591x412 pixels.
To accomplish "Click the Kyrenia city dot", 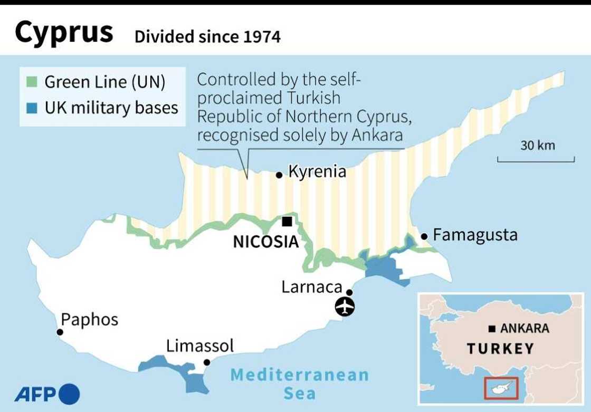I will (x=279, y=175).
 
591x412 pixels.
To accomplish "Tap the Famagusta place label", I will (x=475, y=235).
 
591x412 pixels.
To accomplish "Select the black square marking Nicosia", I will (x=287, y=222).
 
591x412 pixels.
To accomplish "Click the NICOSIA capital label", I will (x=266, y=242).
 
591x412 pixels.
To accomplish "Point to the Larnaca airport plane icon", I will (x=345, y=306).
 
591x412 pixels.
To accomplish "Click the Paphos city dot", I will (x=60, y=332).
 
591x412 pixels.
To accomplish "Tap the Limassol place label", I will (x=199, y=346).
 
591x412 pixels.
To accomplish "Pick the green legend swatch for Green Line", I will (x=32, y=82).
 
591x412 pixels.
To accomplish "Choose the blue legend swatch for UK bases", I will (x=32, y=108).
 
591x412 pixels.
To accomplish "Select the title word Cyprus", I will (x=64, y=33).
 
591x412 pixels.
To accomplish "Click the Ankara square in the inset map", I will (x=492, y=329).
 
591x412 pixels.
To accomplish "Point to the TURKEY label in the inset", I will (x=500, y=349).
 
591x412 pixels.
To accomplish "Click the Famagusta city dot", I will (x=424, y=236).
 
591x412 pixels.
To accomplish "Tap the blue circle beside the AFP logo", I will (x=70, y=394).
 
